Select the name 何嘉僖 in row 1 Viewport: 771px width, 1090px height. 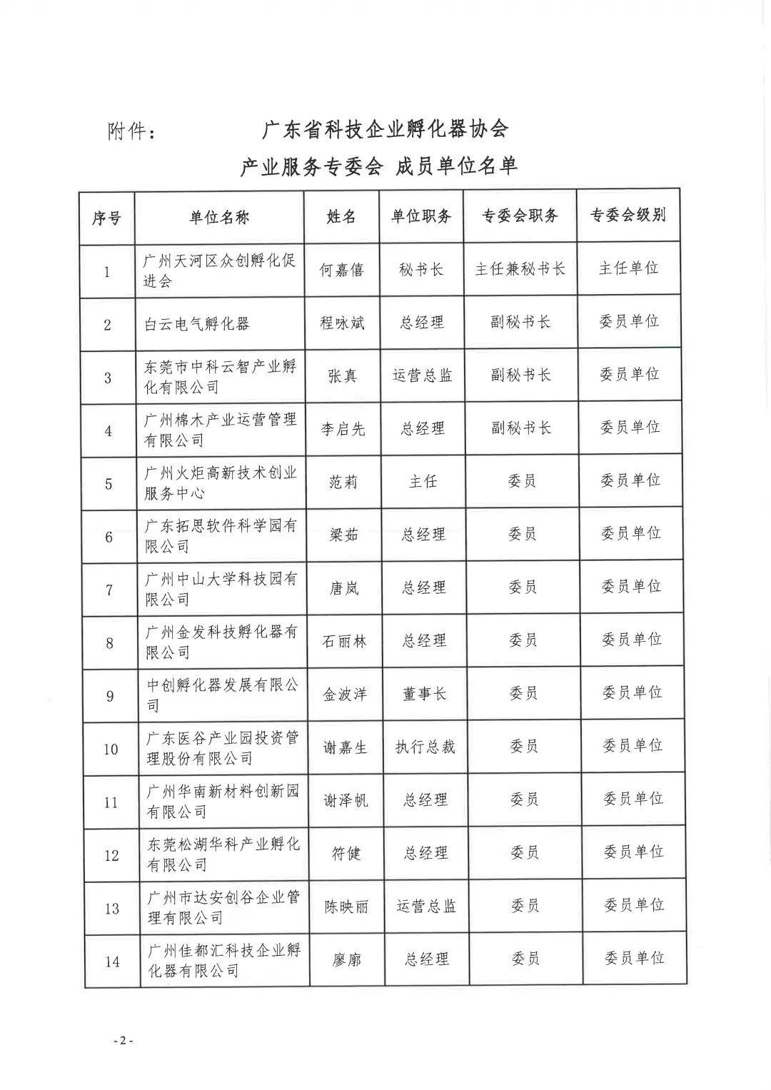341,270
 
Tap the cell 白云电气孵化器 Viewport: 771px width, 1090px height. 197,324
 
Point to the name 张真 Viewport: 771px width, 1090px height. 342,376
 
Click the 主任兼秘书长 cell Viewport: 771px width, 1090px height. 520,269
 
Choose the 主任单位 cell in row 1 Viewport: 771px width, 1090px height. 628,268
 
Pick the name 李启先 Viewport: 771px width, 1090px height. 343,429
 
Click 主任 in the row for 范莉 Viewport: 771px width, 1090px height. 423,482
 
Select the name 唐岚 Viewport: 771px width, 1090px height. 343,588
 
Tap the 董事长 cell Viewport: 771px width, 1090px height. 425,694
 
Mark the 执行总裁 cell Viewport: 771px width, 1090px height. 425,747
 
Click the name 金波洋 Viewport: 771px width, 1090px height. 345,694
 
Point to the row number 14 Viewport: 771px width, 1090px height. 112,962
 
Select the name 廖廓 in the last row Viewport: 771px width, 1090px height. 347,960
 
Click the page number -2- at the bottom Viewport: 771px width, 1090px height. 123,1041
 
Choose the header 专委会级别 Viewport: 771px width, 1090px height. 628,215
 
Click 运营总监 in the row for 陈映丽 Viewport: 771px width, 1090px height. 426,907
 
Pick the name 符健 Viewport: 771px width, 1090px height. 346,853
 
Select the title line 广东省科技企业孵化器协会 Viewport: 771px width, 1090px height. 385,130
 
